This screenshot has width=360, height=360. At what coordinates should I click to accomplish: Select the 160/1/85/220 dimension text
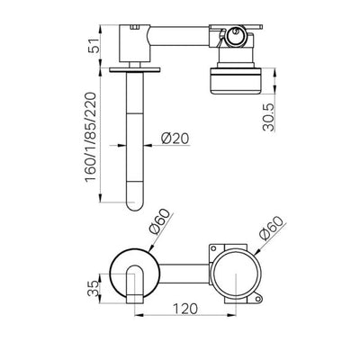[x=91, y=137]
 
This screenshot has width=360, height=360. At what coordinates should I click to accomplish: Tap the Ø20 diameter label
[x=175, y=139]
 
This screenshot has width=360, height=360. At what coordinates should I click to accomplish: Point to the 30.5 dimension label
[x=268, y=117]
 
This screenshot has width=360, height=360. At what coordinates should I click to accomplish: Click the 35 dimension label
[x=94, y=288]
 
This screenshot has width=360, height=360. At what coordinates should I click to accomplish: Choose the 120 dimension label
[x=185, y=309]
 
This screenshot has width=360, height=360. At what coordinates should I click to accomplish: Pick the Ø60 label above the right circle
[x=271, y=228]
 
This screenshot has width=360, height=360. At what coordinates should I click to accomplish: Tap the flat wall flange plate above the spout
[x=135, y=69]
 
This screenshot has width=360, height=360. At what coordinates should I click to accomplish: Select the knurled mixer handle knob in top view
[x=236, y=81]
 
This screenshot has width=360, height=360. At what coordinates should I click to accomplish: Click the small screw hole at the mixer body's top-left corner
[x=213, y=248]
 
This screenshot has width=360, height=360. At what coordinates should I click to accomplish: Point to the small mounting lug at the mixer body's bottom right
[x=257, y=298]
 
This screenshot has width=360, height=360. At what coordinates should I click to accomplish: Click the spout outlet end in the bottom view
[x=134, y=299]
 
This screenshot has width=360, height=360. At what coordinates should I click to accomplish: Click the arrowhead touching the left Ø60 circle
[x=151, y=247]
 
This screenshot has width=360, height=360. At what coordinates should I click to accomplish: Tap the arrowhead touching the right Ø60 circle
[x=257, y=251]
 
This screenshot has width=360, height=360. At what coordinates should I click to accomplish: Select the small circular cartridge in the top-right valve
[x=236, y=35]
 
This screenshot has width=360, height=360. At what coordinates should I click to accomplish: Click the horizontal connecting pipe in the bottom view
[x=184, y=274]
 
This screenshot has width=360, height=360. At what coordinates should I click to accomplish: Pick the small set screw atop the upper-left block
[x=135, y=28]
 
